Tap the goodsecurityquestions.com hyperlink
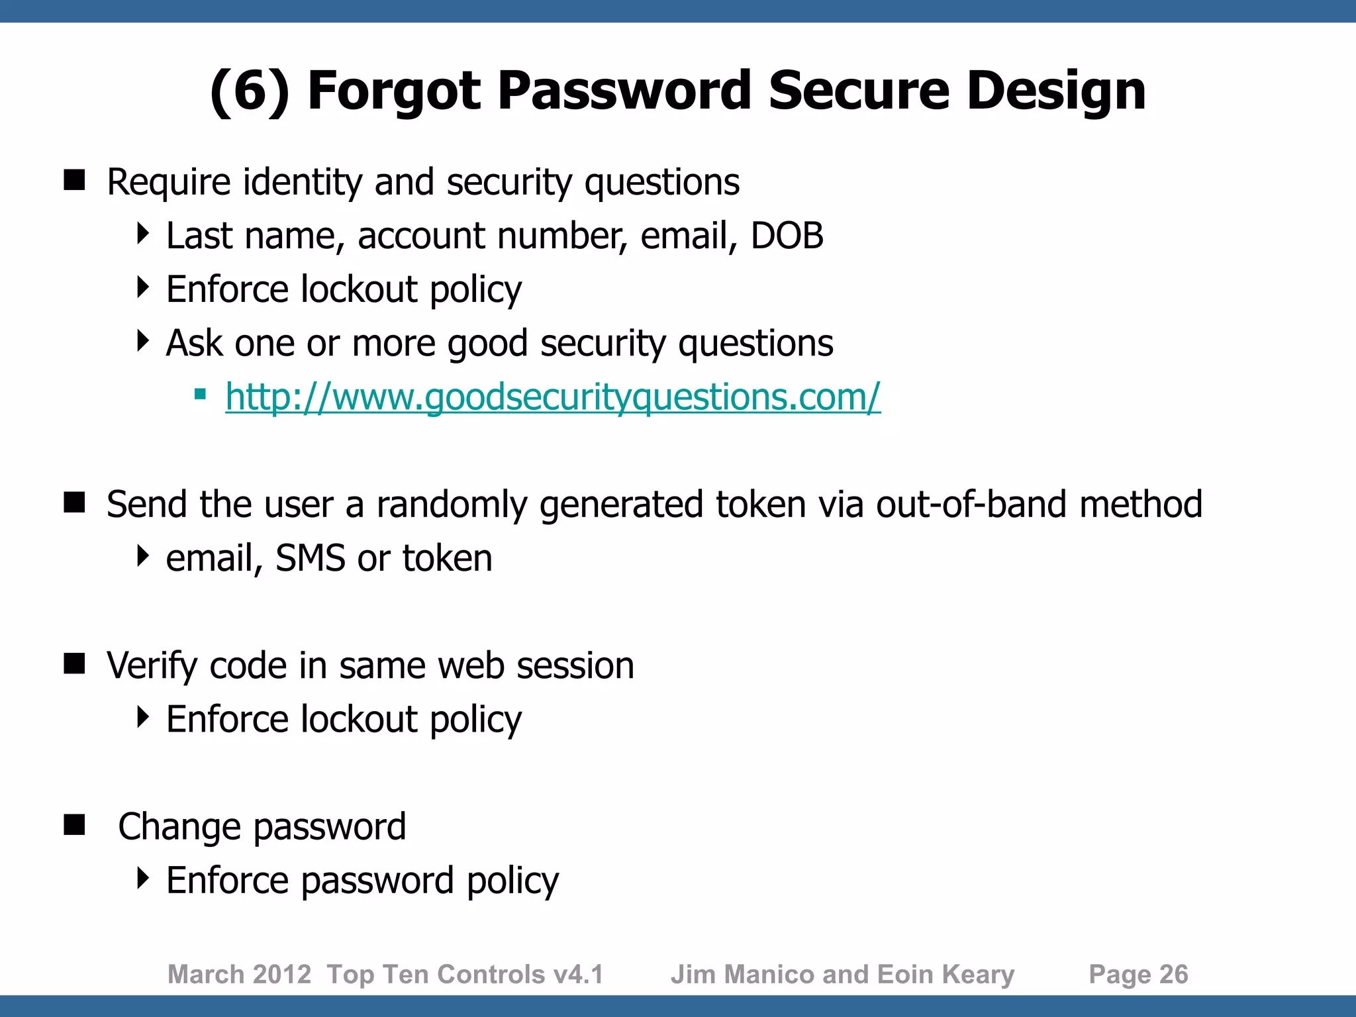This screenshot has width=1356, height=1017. pos(553,397)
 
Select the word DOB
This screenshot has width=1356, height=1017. pos(787,236)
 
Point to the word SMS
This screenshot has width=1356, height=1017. pos(310,558)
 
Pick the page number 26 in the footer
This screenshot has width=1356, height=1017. pos(1174,975)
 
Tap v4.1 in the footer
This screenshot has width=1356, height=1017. pos(579,975)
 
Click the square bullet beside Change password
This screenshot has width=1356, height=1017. pos(75,825)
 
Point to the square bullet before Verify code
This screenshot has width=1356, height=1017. pos(75,663)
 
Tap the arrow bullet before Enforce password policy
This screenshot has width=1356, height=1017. pos(142,879)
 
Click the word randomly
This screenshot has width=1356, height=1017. pos(452,505)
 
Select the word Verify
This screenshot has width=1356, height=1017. pos(152,665)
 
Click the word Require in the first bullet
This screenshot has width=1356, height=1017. pos(168,182)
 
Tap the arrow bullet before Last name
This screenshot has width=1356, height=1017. pos(142,234)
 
